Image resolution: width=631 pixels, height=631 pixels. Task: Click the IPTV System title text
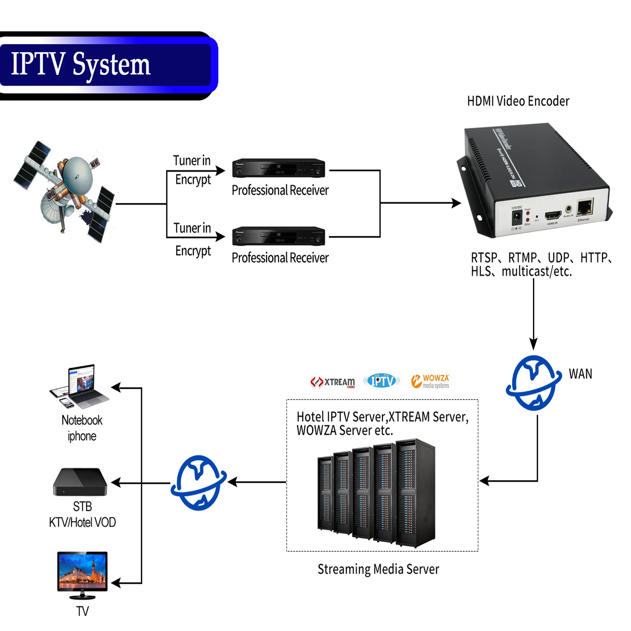81,64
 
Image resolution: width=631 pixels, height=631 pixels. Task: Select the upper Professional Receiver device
278,168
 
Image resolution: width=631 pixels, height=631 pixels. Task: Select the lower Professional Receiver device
278,236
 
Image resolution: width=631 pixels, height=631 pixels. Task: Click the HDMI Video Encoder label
518,101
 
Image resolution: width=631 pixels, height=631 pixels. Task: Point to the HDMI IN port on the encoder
553,215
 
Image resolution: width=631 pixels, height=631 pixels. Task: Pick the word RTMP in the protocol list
522,258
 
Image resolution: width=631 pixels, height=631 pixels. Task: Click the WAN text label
581,374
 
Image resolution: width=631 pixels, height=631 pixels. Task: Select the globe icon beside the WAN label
533,383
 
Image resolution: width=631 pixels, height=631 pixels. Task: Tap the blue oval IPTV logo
381,381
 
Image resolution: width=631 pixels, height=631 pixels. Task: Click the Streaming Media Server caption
378,569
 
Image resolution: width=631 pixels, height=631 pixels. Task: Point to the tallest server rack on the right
416,493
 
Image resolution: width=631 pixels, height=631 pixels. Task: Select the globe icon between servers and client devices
198,482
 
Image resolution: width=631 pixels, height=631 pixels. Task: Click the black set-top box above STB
80,482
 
